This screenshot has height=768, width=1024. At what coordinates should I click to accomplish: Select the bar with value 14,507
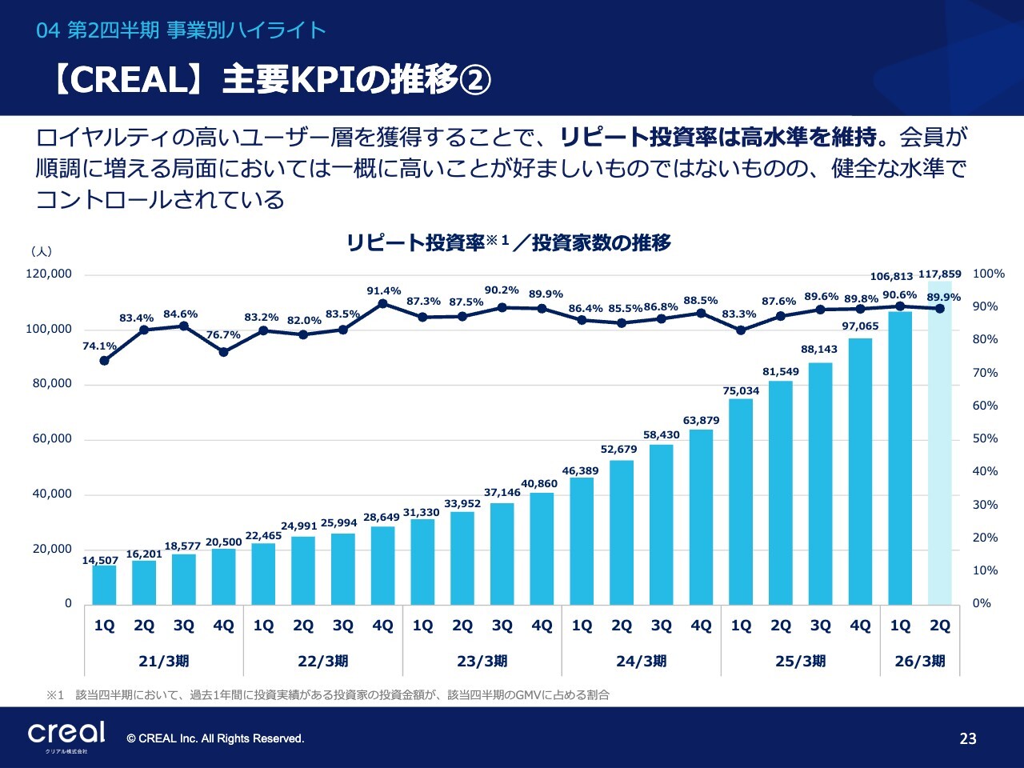click(104, 585)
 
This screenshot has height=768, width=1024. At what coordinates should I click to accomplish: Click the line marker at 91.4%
click(382, 303)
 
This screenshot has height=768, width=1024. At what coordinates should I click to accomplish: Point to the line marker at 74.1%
click(104, 361)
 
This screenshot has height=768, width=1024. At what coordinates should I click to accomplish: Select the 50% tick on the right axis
click(985, 438)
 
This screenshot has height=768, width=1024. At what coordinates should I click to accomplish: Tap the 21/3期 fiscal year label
click(164, 661)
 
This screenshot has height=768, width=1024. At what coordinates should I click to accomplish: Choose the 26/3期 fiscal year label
click(920, 661)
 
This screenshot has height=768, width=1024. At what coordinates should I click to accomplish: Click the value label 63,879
click(701, 420)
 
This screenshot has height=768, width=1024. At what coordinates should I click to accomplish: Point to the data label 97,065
click(860, 326)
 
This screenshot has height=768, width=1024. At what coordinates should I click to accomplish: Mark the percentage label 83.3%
click(738, 314)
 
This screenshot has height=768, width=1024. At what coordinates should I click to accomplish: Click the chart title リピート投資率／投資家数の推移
click(508, 242)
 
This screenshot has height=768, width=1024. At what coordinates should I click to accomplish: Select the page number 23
click(968, 738)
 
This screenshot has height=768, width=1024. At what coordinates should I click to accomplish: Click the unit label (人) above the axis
click(42, 251)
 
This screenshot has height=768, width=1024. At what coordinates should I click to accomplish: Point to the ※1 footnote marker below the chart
click(54, 695)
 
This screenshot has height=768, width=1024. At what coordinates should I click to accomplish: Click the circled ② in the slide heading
click(477, 80)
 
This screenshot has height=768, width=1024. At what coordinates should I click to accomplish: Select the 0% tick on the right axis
click(982, 603)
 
